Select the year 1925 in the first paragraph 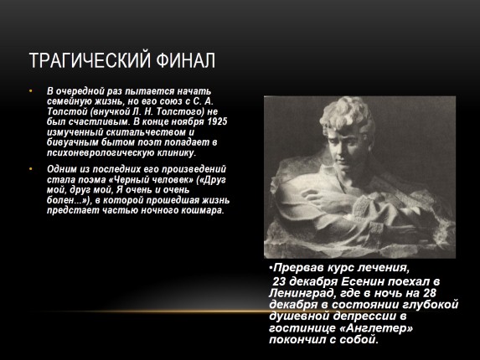click(x=217, y=121)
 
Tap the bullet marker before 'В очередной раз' click(x=31, y=90)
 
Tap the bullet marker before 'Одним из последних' click(x=31, y=167)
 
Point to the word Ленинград click(x=300, y=293)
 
